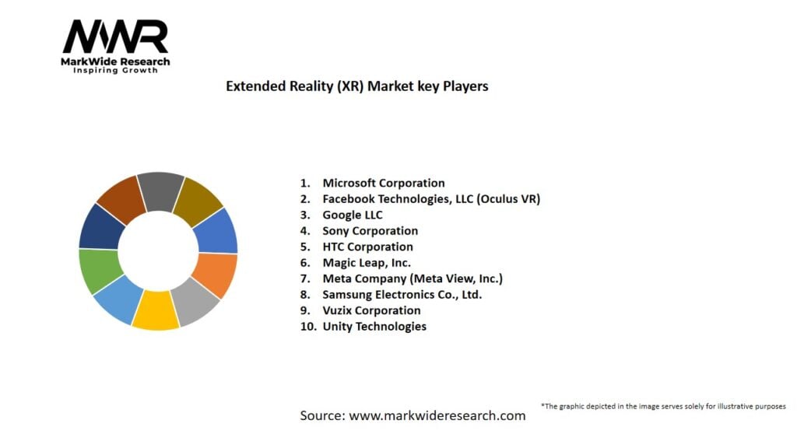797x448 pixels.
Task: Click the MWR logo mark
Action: coord(115,37)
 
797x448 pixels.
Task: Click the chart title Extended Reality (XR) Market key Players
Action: coord(356,86)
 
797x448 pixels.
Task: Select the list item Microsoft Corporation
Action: coord(384,184)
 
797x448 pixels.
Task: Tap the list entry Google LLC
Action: coord(353,215)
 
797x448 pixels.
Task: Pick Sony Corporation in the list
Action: coord(370,231)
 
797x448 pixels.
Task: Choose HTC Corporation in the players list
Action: coord(367,247)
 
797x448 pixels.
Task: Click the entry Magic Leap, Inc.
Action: coord(367,263)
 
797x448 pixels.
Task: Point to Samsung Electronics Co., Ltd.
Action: coord(402,295)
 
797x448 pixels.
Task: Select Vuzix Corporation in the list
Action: coord(371,310)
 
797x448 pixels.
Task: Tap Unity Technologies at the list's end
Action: coord(374,327)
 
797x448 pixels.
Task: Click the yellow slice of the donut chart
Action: coord(156,310)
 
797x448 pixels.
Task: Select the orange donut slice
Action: coord(216,275)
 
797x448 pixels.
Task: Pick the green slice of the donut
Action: coord(99,271)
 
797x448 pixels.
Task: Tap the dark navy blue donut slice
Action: coord(101,226)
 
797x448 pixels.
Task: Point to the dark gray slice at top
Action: coord(161,191)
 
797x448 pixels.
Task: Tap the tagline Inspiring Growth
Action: coord(115,71)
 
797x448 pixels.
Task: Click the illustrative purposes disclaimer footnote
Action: coord(662,406)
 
